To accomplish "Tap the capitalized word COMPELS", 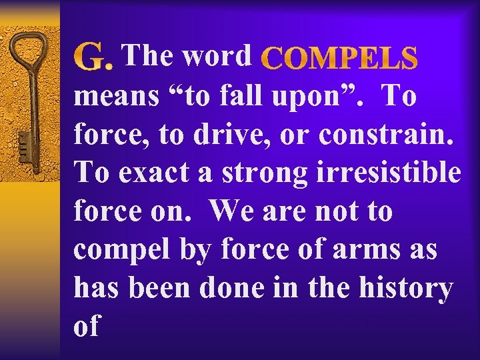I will [341, 59].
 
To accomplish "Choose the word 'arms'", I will [367, 250].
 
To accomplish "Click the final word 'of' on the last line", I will [87, 327].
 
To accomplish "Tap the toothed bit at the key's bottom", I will [25, 144].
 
